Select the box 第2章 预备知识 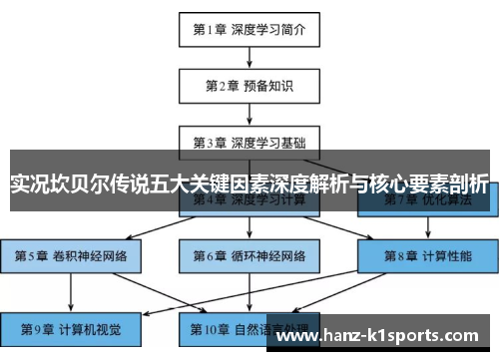coord(249,86)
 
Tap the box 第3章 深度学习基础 coord(249,142)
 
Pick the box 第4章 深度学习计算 coord(249,200)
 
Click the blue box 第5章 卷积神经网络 coord(71,255)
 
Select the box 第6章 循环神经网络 coord(249,255)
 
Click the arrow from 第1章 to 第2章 coord(249,57)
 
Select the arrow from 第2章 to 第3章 coord(249,114)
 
